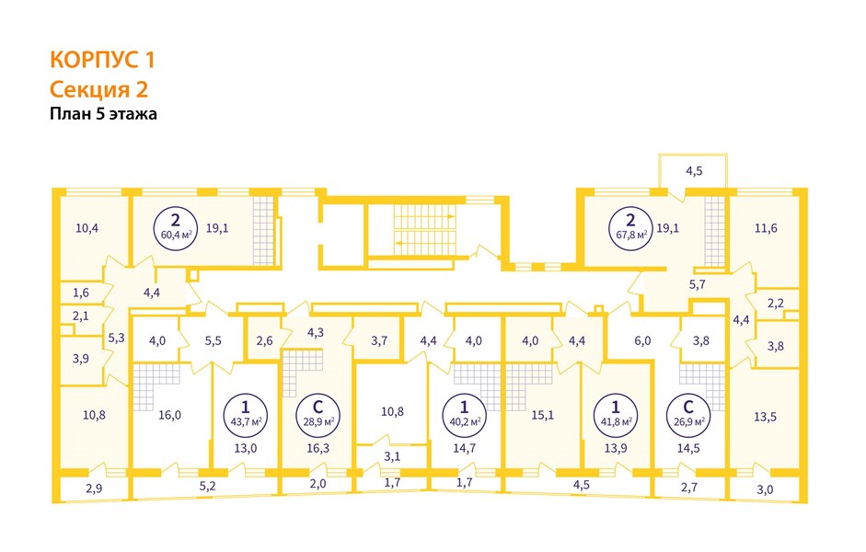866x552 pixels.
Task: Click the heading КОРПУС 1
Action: [x=101, y=61]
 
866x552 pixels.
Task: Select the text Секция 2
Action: [x=98, y=89]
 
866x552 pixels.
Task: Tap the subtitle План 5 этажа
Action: [x=104, y=115]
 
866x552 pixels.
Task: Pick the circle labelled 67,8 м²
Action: [x=630, y=225]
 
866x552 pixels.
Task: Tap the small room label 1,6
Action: [x=80, y=293]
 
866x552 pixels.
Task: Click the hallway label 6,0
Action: [x=641, y=340]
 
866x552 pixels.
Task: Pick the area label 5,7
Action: [x=697, y=284]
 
